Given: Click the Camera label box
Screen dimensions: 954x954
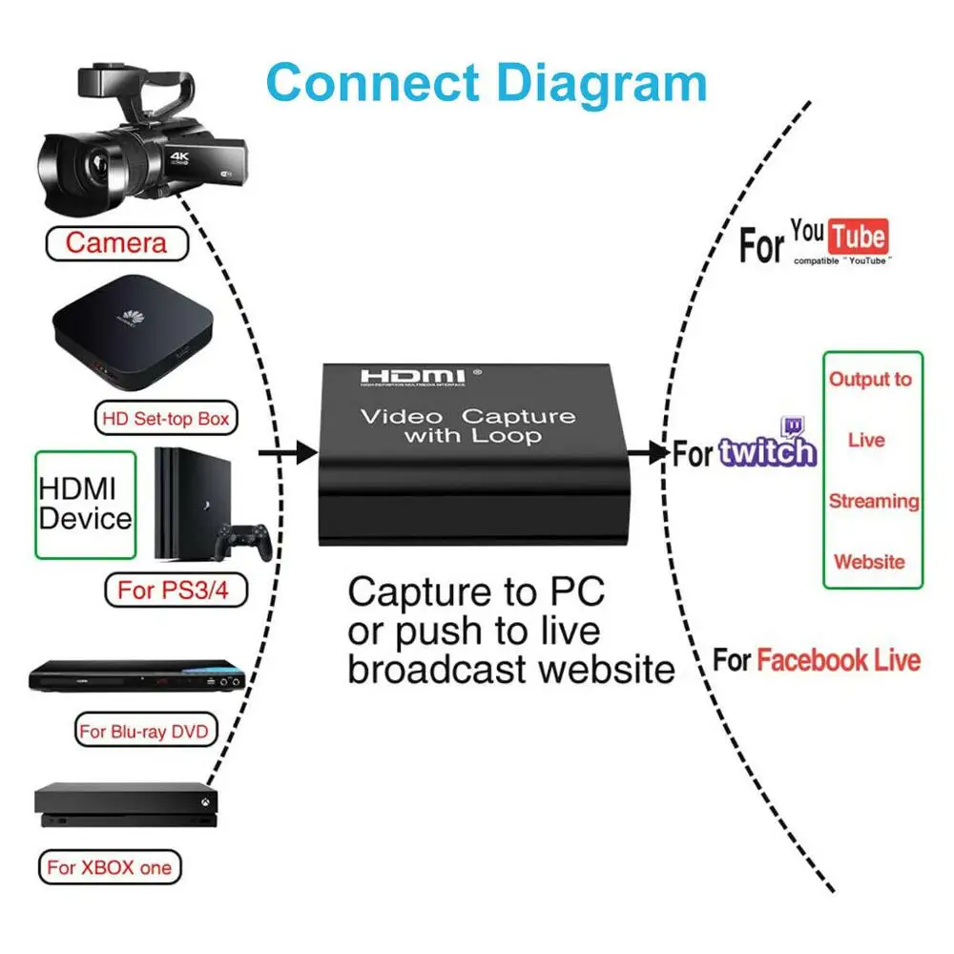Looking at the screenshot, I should tap(116, 242).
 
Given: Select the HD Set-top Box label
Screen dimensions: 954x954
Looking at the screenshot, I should tap(164, 418).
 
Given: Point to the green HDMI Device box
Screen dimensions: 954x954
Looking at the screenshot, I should tap(84, 505).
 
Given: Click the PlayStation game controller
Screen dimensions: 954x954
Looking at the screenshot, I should tap(242, 542).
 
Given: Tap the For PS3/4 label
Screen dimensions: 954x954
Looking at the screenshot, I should tap(174, 591).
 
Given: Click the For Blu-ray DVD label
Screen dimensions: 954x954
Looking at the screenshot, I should tap(146, 732).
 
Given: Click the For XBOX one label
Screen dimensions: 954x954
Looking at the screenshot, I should tap(110, 867).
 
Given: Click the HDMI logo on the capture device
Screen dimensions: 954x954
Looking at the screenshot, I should tap(411, 377).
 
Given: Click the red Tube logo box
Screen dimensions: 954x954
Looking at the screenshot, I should tap(858, 236).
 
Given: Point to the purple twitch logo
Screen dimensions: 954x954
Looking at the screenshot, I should tap(769, 448).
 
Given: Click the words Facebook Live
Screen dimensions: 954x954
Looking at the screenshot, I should tap(840, 660).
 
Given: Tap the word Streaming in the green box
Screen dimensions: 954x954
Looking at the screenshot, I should tap(874, 501).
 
